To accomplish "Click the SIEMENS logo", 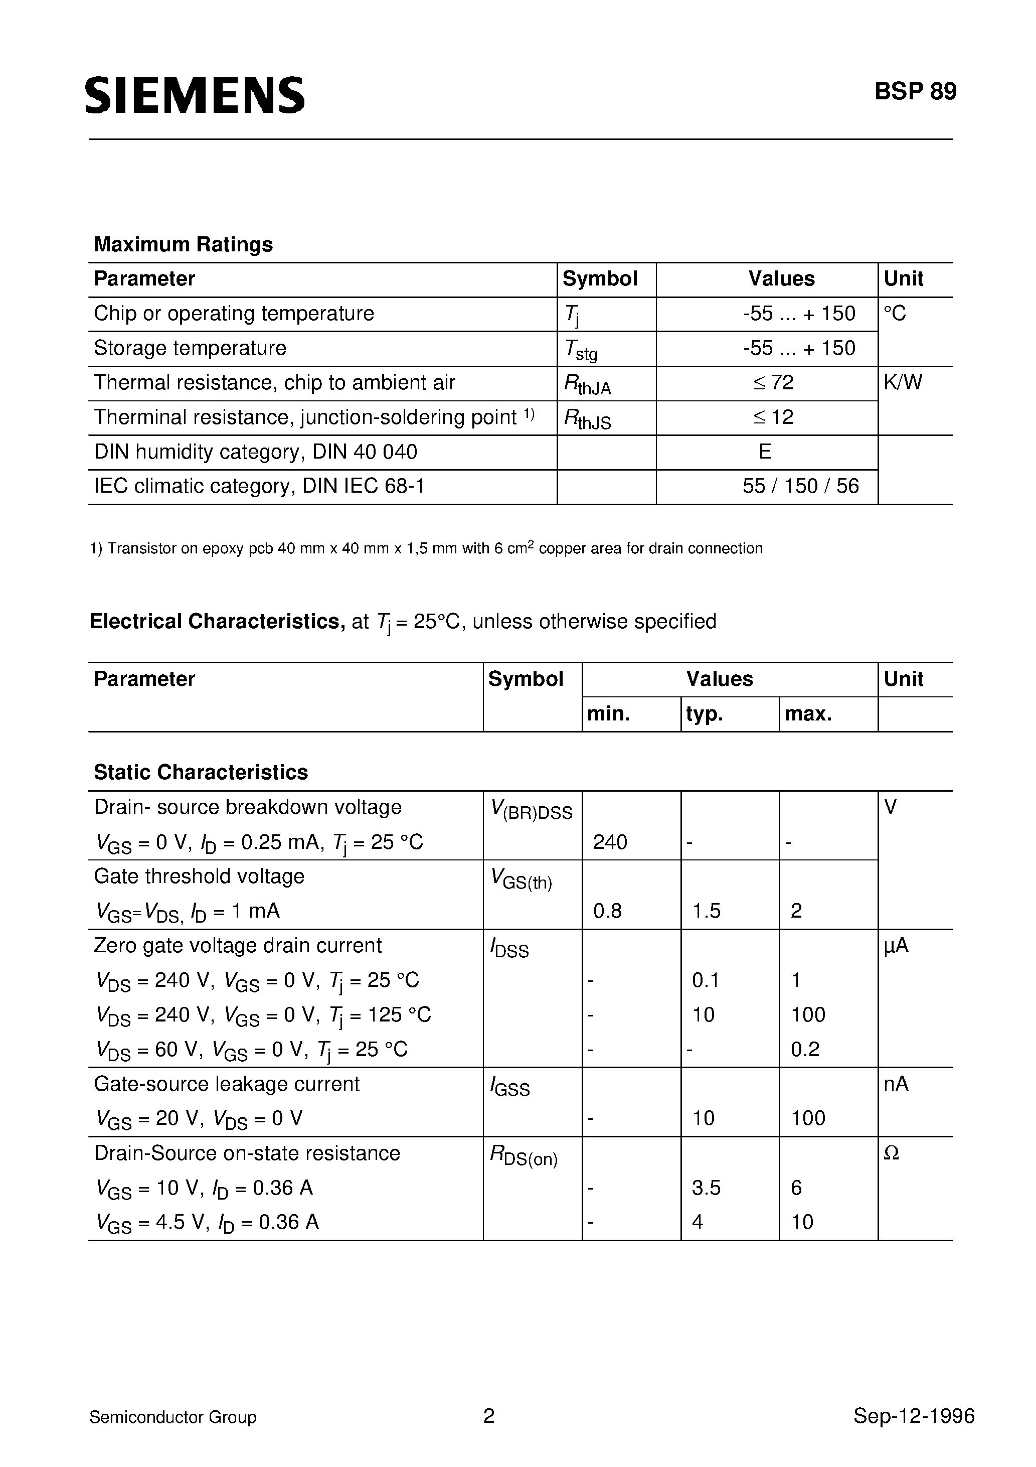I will pos(195,96).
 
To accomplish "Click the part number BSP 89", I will pos(915,92).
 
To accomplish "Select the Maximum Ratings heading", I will pos(184,244).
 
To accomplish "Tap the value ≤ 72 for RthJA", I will pos(773,383).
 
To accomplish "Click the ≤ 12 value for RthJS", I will pos(773,417).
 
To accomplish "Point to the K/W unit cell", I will pos(903,383).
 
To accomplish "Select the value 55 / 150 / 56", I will pos(800,486).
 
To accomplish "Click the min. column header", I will pos(608,714).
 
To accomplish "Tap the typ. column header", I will pos(704,714).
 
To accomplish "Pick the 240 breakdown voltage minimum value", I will pos(610,842).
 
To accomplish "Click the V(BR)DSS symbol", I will pos(532,810).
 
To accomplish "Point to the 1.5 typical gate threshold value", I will pos(707,911).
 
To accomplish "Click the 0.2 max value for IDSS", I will pos(805,1049).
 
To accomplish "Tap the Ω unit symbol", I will pos(891,1153).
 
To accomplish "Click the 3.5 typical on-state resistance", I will pos(707,1188).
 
